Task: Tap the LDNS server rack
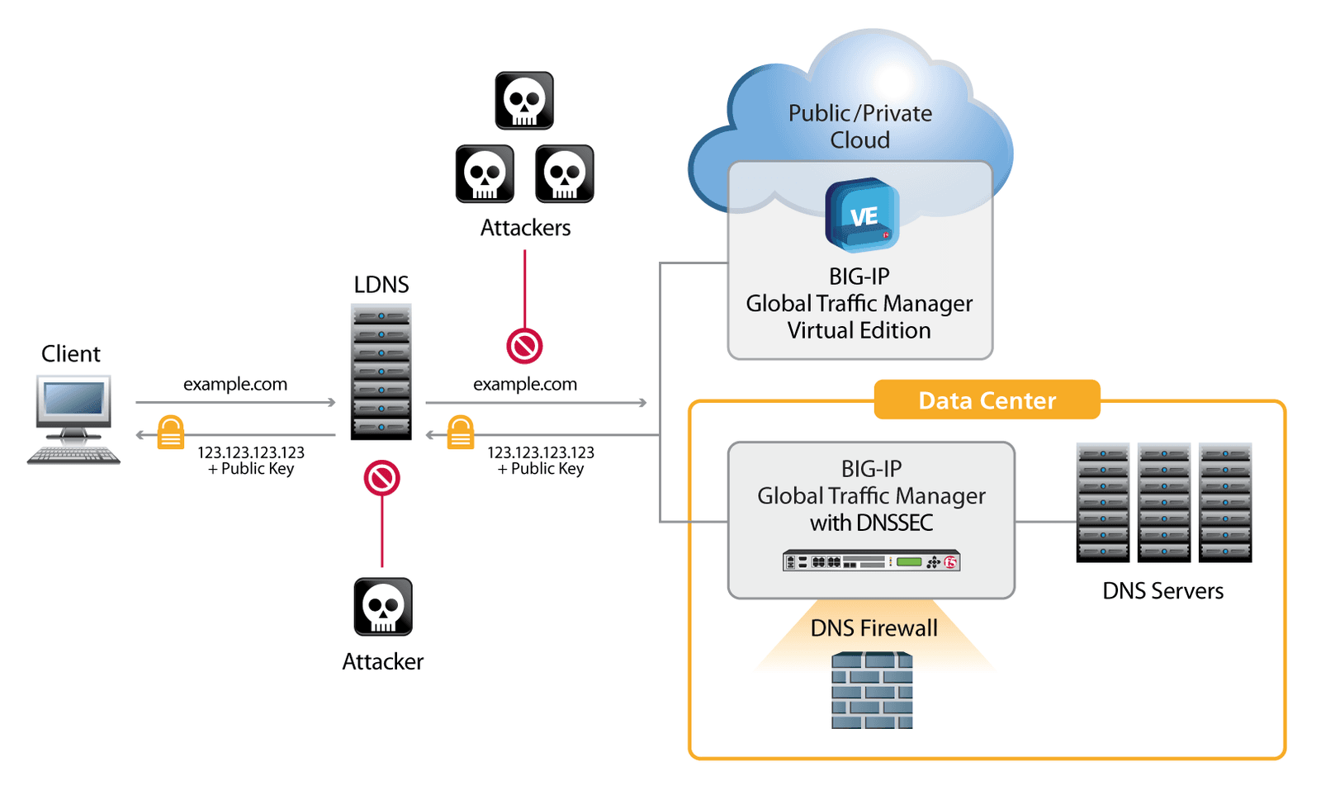pyautogui.click(x=381, y=371)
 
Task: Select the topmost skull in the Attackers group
pyautogui.click(x=524, y=101)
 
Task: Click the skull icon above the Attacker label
pyautogui.click(x=383, y=607)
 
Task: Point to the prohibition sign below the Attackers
pyautogui.click(x=524, y=346)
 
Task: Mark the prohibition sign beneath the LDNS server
pyautogui.click(x=382, y=478)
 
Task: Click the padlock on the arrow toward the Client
pyautogui.click(x=171, y=433)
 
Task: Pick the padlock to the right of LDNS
pyautogui.click(x=461, y=433)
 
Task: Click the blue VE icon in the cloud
pyautogui.click(x=862, y=215)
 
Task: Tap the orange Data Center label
pyautogui.click(x=987, y=400)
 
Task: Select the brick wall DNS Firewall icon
pyautogui.click(x=872, y=690)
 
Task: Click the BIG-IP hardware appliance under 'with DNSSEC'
pyautogui.click(x=871, y=561)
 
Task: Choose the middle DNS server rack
pyautogui.click(x=1163, y=502)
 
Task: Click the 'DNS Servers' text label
pyautogui.click(x=1162, y=591)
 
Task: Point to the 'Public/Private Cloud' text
pyautogui.click(x=860, y=126)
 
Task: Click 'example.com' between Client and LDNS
pyautogui.click(x=235, y=384)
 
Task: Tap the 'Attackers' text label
pyautogui.click(x=525, y=228)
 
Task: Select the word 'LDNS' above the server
pyautogui.click(x=381, y=285)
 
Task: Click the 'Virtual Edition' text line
pyautogui.click(x=859, y=330)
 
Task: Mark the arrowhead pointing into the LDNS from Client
pyautogui.click(x=332, y=402)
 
